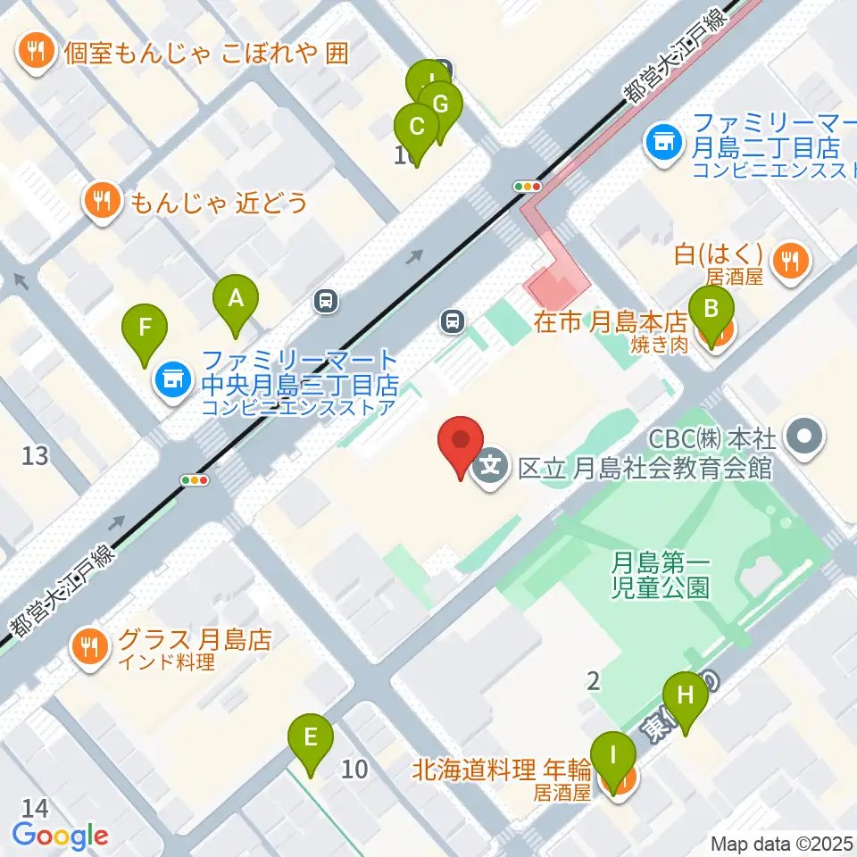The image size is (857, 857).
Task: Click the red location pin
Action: [461, 444]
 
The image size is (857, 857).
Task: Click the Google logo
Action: [61, 836]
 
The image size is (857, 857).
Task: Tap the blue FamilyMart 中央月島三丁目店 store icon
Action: [172, 380]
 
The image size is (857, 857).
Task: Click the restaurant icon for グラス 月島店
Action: [88, 649]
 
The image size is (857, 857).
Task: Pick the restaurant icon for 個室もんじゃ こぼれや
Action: [36, 53]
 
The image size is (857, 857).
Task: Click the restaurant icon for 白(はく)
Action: [789, 261]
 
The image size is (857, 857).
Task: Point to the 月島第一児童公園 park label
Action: [661, 575]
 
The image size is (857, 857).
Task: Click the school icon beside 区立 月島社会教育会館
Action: [489, 466]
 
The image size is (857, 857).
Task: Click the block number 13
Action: [35, 456]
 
